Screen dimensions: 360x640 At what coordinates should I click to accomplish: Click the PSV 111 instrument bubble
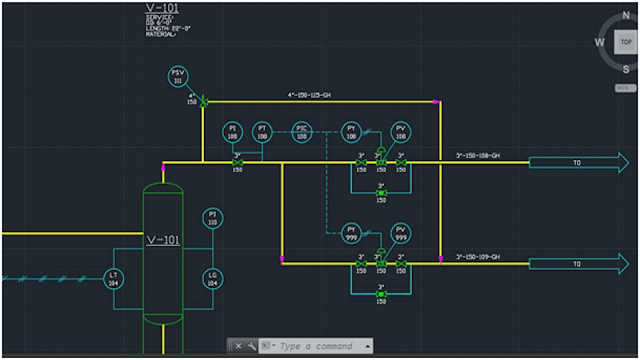(x=178, y=77)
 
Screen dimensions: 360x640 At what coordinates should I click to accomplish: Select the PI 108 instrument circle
(x=232, y=132)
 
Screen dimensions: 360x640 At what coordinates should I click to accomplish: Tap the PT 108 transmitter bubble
(x=262, y=132)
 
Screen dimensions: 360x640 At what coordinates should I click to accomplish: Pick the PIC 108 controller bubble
(x=302, y=132)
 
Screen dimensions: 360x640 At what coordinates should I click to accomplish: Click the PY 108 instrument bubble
(x=351, y=132)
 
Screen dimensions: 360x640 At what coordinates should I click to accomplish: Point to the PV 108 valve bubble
(x=401, y=132)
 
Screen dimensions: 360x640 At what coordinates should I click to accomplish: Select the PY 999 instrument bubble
(x=351, y=233)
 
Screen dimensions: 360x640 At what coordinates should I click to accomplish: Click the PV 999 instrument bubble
(x=401, y=233)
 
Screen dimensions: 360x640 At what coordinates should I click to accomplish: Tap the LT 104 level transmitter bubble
(x=114, y=279)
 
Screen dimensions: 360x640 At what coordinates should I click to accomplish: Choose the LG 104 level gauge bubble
(x=212, y=279)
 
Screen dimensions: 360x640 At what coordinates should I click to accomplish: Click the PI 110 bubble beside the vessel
(x=212, y=218)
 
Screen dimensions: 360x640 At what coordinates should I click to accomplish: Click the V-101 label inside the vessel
(x=163, y=241)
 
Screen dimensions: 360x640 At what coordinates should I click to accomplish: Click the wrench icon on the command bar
(x=251, y=346)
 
